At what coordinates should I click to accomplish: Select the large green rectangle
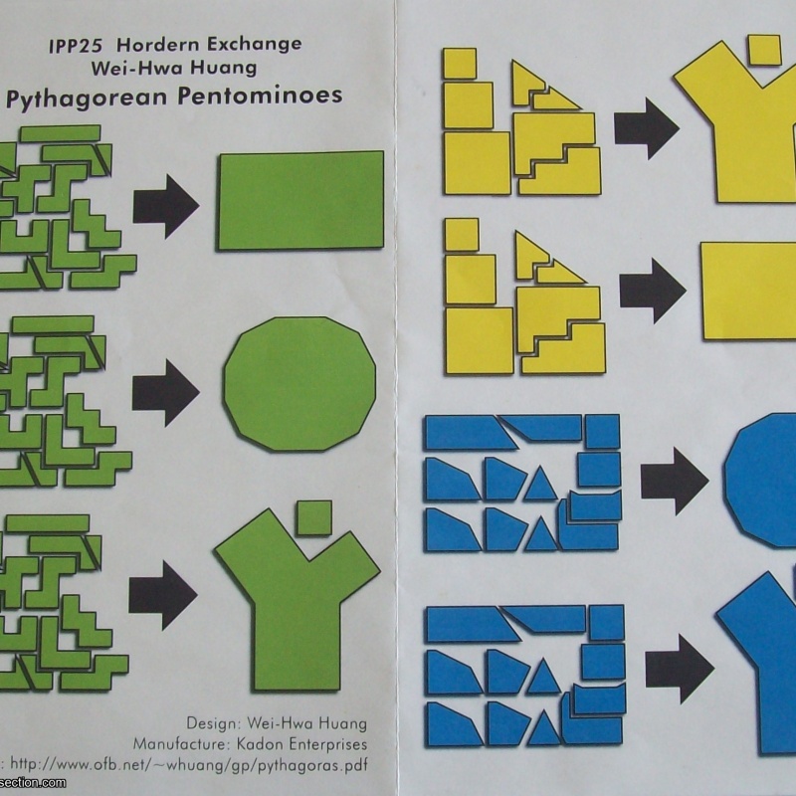tap(300, 200)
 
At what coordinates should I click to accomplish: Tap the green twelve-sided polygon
tap(300, 383)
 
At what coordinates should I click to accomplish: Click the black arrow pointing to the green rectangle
tap(165, 204)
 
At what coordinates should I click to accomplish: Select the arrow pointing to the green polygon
tap(165, 391)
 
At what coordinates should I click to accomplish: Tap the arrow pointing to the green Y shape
tap(163, 594)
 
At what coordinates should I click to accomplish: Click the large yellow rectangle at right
tap(748, 291)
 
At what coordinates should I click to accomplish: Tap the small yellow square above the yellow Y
tap(763, 47)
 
